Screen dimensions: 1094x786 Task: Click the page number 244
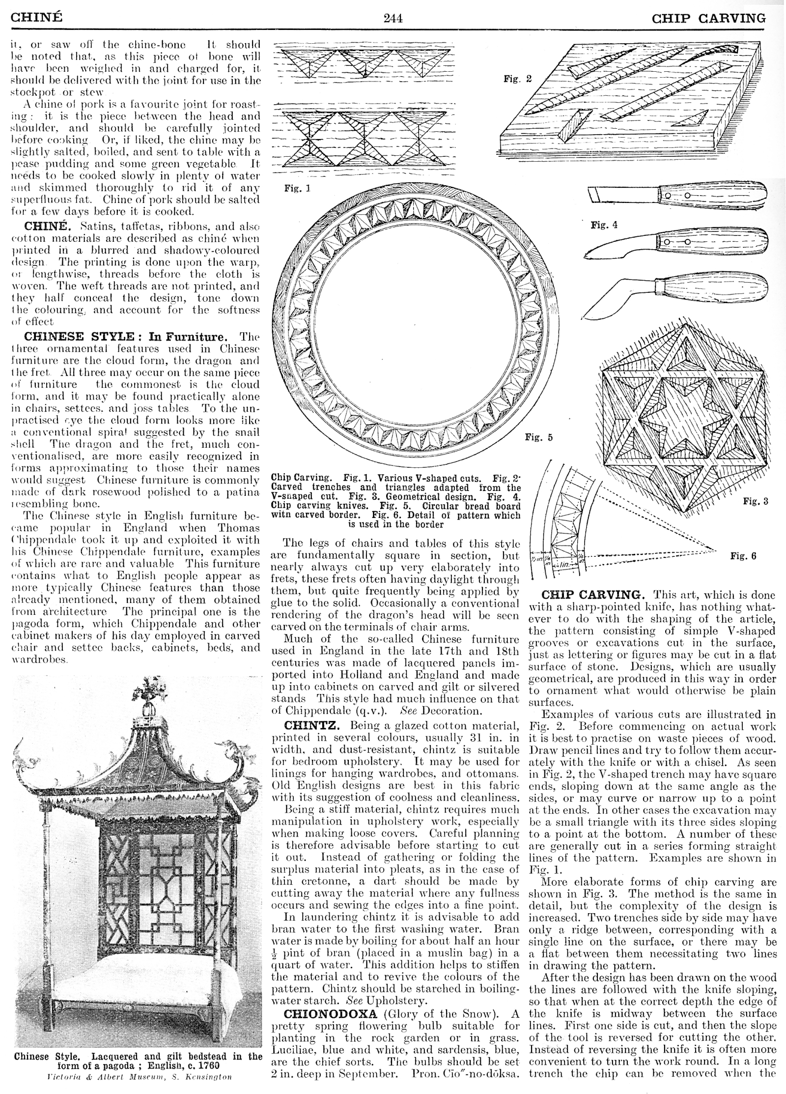coord(393,19)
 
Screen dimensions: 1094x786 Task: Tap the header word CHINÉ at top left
coord(37,18)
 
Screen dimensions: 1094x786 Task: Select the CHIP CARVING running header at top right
coord(709,19)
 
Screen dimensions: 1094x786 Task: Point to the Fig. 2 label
coord(517,79)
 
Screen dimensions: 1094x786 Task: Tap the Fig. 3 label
coord(755,501)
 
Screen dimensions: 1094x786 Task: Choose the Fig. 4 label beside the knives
coord(604,225)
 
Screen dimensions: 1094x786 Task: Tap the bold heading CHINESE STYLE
coord(79,337)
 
